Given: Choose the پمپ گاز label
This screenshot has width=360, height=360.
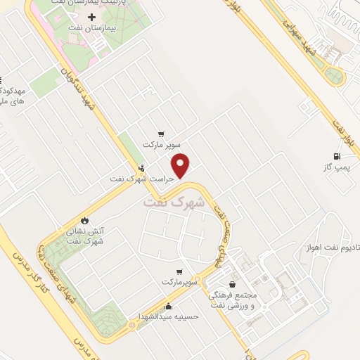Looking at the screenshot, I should pyautogui.click(x=336, y=167).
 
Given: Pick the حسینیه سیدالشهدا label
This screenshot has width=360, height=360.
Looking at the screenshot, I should pyautogui.click(x=169, y=316).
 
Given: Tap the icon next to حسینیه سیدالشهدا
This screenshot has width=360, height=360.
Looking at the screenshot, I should pyautogui.click(x=168, y=306).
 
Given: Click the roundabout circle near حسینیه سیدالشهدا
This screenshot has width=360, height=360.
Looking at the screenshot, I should pyautogui.click(x=133, y=326).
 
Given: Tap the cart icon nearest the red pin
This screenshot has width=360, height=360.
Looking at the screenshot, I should pyautogui.click(x=162, y=134).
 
